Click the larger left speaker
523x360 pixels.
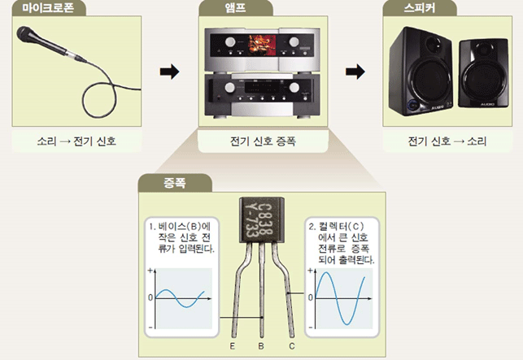pos(420,73)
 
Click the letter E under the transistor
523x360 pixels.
pos(232,347)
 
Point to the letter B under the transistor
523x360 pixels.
pos(260,347)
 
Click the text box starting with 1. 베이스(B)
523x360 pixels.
pos(181,236)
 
